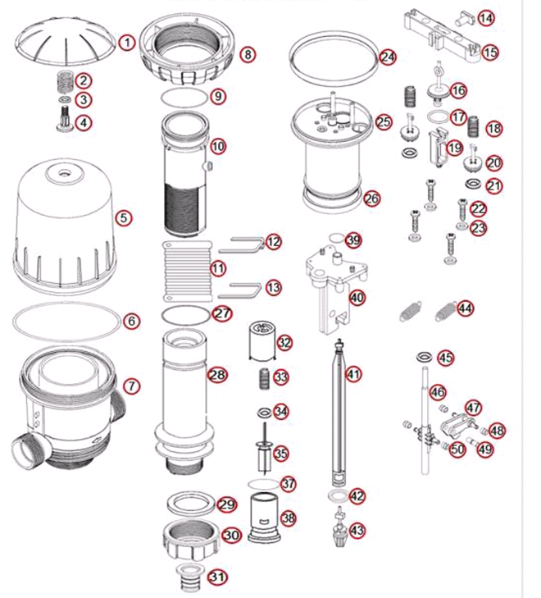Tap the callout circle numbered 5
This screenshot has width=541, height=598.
pos(124,217)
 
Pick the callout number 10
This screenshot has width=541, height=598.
pos(217,147)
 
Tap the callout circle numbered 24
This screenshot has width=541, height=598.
pos(388,57)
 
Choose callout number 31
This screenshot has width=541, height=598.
pos(217,577)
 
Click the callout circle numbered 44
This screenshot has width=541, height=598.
pos(465,308)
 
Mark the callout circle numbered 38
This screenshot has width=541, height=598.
pos(289,518)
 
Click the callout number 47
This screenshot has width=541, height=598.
pos(473,408)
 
